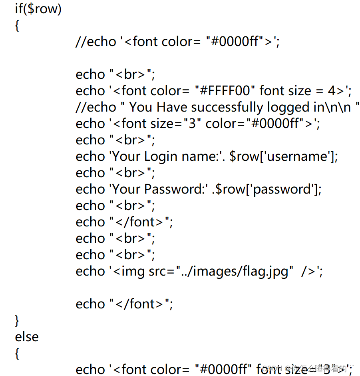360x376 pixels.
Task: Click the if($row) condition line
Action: point(38,9)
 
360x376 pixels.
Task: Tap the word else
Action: point(27,336)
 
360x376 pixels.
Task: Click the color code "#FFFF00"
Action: point(225,91)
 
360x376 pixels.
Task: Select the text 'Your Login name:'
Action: point(165,156)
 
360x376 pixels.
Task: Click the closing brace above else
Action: point(17,320)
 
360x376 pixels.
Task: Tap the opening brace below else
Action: point(17,353)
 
